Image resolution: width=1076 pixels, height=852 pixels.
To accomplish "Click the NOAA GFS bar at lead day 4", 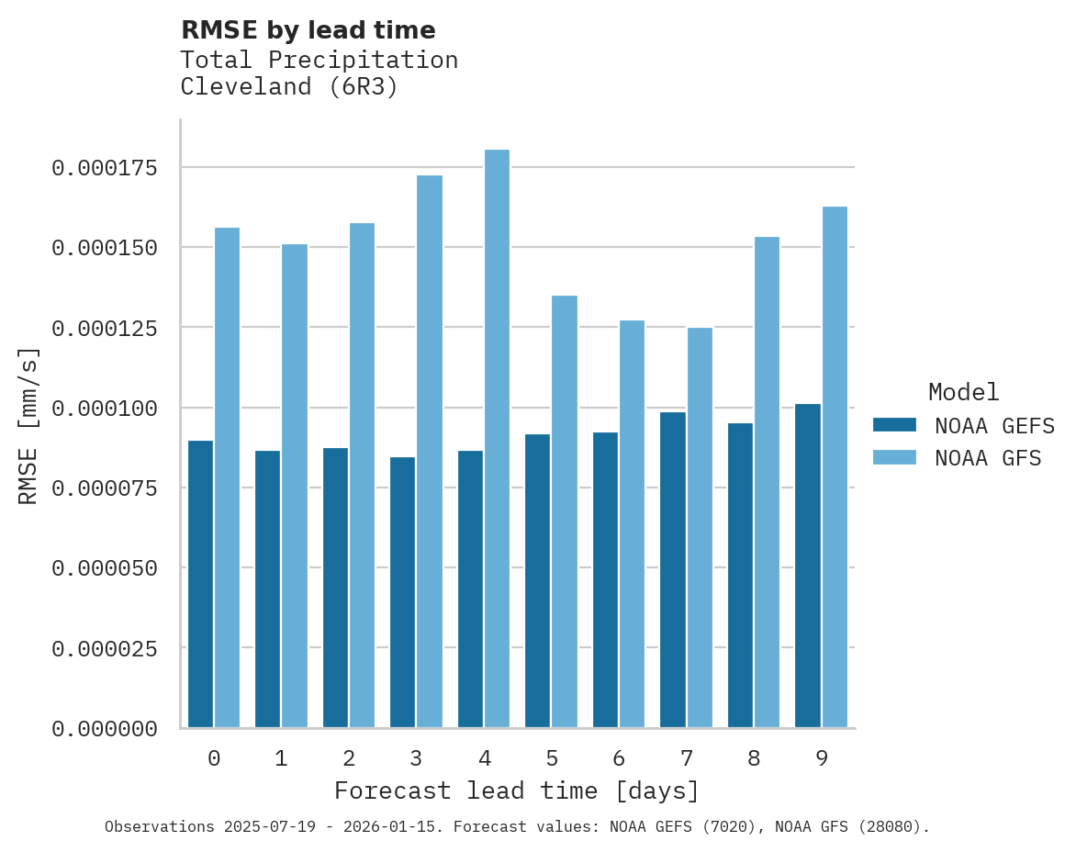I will (x=497, y=438).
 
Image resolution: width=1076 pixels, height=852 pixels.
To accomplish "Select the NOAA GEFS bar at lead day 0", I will (x=200, y=584).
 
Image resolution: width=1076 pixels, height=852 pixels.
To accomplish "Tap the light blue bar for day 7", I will (x=700, y=527).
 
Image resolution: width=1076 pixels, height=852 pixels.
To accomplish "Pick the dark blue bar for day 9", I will (x=808, y=566).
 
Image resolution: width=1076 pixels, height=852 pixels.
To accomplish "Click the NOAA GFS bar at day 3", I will (x=430, y=451).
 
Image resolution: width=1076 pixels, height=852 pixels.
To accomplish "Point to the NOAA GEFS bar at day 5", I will (x=537, y=580).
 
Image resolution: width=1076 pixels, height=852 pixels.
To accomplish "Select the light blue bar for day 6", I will (x=632, y=523).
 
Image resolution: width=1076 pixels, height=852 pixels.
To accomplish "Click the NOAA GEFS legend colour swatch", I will (x=894, y=425).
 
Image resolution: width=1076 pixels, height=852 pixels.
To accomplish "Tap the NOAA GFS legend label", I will (x=988, y=457).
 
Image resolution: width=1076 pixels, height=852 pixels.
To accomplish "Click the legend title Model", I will (x=963, y=392).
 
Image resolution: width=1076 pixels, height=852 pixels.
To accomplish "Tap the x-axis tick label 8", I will (x=754, y=758).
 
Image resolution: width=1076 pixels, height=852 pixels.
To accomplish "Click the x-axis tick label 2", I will (x=349, y=758).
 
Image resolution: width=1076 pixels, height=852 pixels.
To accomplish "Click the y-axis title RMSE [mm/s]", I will (x=29, y=426).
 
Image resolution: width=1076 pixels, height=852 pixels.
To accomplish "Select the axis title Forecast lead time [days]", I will (x=517, y=790).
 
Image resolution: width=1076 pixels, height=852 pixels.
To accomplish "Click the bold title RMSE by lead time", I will (x=308, y=30).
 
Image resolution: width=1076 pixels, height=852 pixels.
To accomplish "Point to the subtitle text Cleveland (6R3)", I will (x=289, y=87).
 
